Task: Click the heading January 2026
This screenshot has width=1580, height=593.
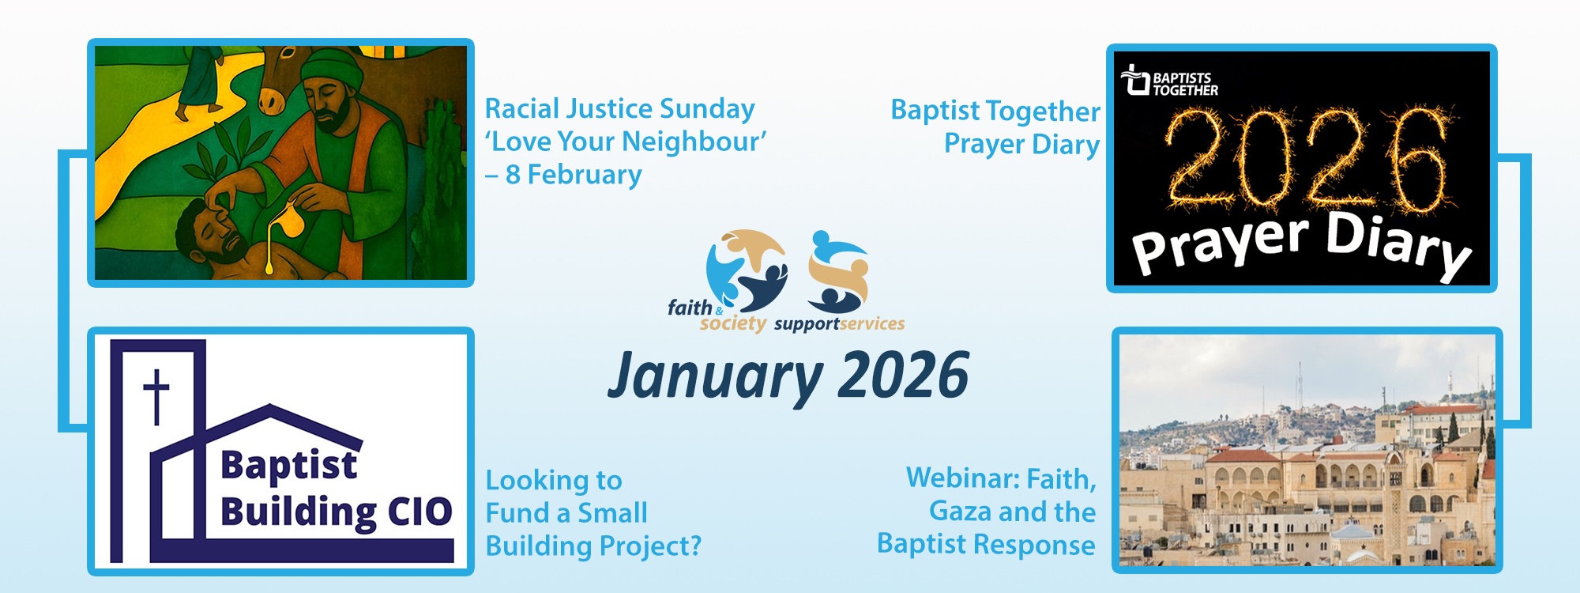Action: pos(788,375)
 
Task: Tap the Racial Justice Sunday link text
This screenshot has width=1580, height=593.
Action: pos(619,108)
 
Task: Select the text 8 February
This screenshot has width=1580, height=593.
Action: pos(574,174)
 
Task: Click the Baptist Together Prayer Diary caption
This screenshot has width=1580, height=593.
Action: pos(995,127)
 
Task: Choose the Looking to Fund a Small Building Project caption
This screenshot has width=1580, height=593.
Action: pos(593,513)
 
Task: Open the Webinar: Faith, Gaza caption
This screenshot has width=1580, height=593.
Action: pos(987,512)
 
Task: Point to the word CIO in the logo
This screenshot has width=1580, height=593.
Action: pos(419,512)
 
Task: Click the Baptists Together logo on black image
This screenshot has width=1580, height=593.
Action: pos(1169,81)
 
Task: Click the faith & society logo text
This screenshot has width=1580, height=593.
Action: pos(716,315)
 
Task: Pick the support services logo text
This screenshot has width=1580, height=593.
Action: pos(840,323)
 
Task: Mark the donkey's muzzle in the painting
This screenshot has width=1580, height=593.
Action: pos(273,98)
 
